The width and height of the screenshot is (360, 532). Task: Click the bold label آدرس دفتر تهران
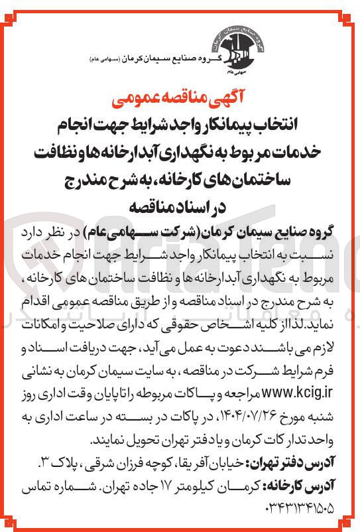tap(304, 461)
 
